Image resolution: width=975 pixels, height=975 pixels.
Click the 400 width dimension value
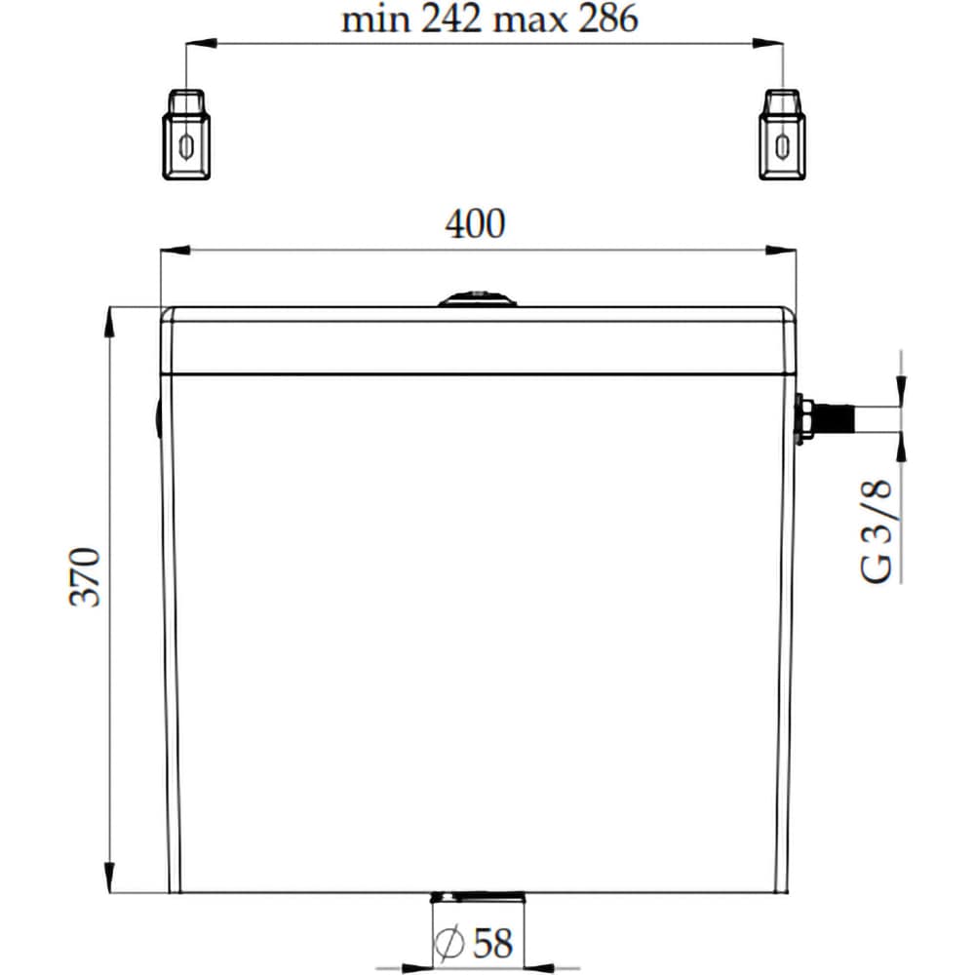[x=476, y=224]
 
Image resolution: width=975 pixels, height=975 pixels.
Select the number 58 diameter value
[x=492, y=943]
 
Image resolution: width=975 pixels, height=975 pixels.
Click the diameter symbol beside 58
[x=449, y=943]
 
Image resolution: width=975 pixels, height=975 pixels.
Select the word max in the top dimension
[x=527, y=20]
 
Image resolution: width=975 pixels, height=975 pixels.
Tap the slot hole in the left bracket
[x=185, y=145]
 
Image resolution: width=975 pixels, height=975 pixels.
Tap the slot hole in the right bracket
[x=781, y=145]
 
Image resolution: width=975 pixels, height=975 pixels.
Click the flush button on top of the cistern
[x=477, y=298]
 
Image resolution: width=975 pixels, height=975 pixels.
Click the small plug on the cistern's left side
[x=158, y=420]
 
